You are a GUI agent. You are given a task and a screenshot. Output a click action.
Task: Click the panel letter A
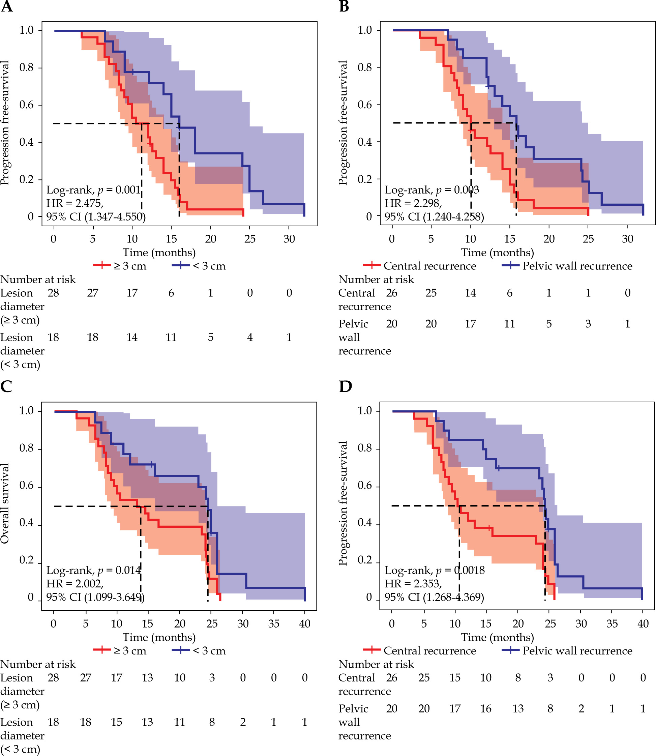click(x=7, y=7)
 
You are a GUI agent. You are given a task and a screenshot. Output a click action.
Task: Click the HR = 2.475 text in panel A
click(x=75, y=203)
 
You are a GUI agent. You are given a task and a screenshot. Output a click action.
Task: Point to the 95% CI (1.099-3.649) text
click(x=95, y=597)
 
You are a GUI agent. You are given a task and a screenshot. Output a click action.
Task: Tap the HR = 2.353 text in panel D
click(x=413, y=584)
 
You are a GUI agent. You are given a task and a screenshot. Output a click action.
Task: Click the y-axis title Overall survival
click(x=5, y=503)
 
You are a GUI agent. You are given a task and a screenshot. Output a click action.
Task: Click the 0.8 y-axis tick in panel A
click(x=26, y=67)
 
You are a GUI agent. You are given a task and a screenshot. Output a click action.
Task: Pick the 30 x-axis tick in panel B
click(x=627, y=239)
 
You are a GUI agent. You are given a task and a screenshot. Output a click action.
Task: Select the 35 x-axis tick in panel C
click(x=274, y=623)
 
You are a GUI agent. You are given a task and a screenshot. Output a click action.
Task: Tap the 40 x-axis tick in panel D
click(x=643, y=623)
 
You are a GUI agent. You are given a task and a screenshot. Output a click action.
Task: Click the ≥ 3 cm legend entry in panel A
click(x=120, y=266)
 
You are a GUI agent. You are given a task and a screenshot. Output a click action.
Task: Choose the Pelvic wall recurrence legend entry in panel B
click(x=567, y=266)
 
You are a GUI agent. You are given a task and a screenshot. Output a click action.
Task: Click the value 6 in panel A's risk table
click(x=171, y=293)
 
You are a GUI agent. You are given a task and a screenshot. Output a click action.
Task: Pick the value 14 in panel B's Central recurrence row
click(x=470, y=293)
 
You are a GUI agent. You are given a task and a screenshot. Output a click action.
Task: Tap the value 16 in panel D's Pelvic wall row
click(x=485, y=708)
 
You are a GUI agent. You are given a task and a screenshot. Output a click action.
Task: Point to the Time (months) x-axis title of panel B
click(x=497, y=252)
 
